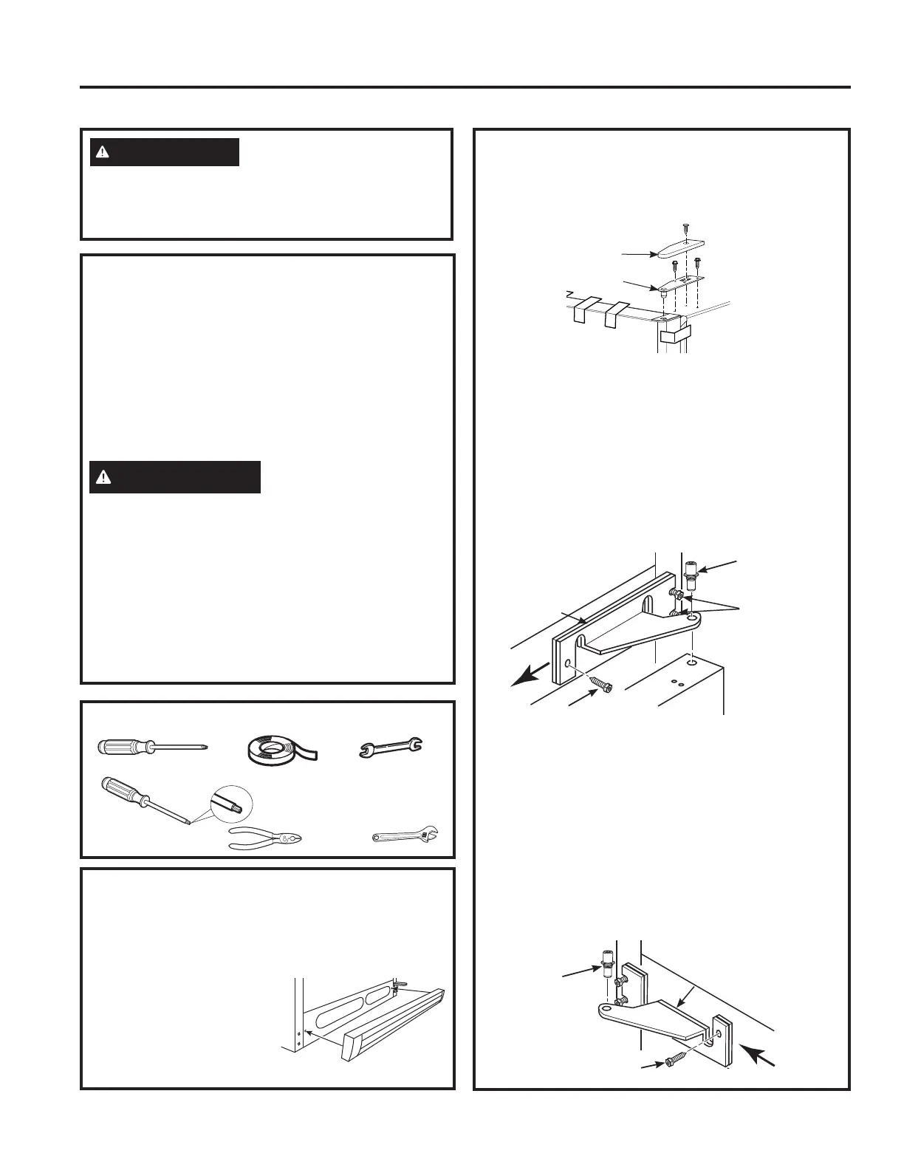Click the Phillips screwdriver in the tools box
tap(151, 747)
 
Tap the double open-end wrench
tap(390, 748)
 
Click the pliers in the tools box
tap(266, 838)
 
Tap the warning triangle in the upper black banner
tap(103, 152)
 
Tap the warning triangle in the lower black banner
tap(103, 477)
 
